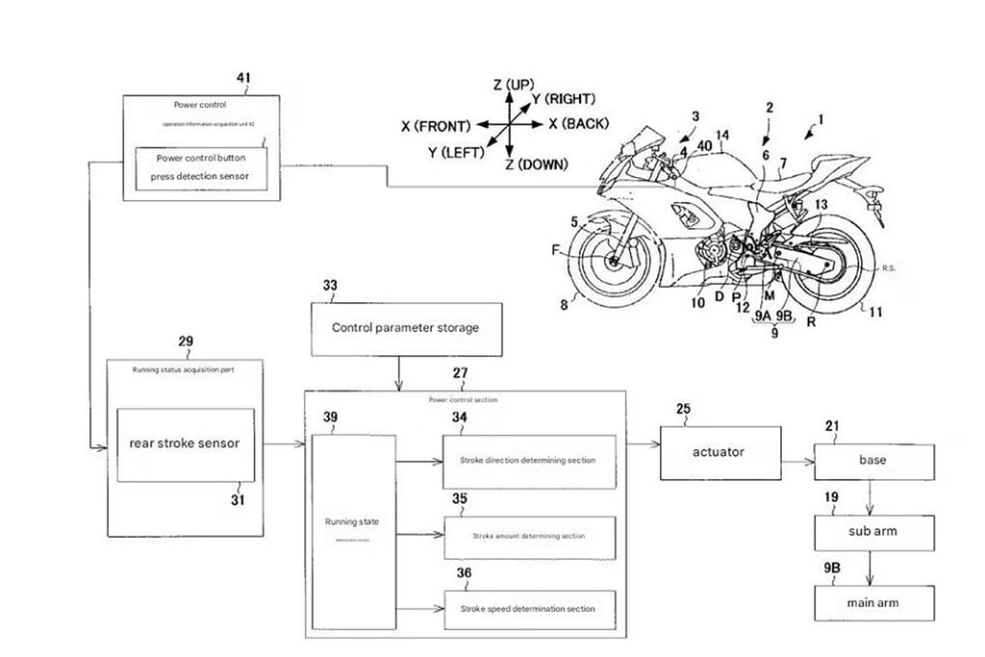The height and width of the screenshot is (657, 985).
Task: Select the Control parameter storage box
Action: pyautogui.click(x=404, y=327)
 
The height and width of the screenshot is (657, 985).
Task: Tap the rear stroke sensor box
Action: pyautogui.click(x=186, y=444)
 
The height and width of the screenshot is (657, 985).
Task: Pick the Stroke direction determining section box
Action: pyautogui.click(x=529, y=461)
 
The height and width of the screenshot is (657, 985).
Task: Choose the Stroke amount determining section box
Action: pyautogui.click(x=529, y=535)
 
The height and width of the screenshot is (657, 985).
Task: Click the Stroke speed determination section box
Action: pyautogui.click(x=529, y=608)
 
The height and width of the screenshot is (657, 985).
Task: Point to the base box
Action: pyautogui.click(x=873, y=461)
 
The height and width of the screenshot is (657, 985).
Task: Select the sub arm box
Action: pyautogui.click(x=873, y=531)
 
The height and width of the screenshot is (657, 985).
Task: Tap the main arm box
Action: pyautogui.click(x=873, y=602)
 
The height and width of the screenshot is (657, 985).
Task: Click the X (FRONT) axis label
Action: pyautogui.click(x=435, y=126)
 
